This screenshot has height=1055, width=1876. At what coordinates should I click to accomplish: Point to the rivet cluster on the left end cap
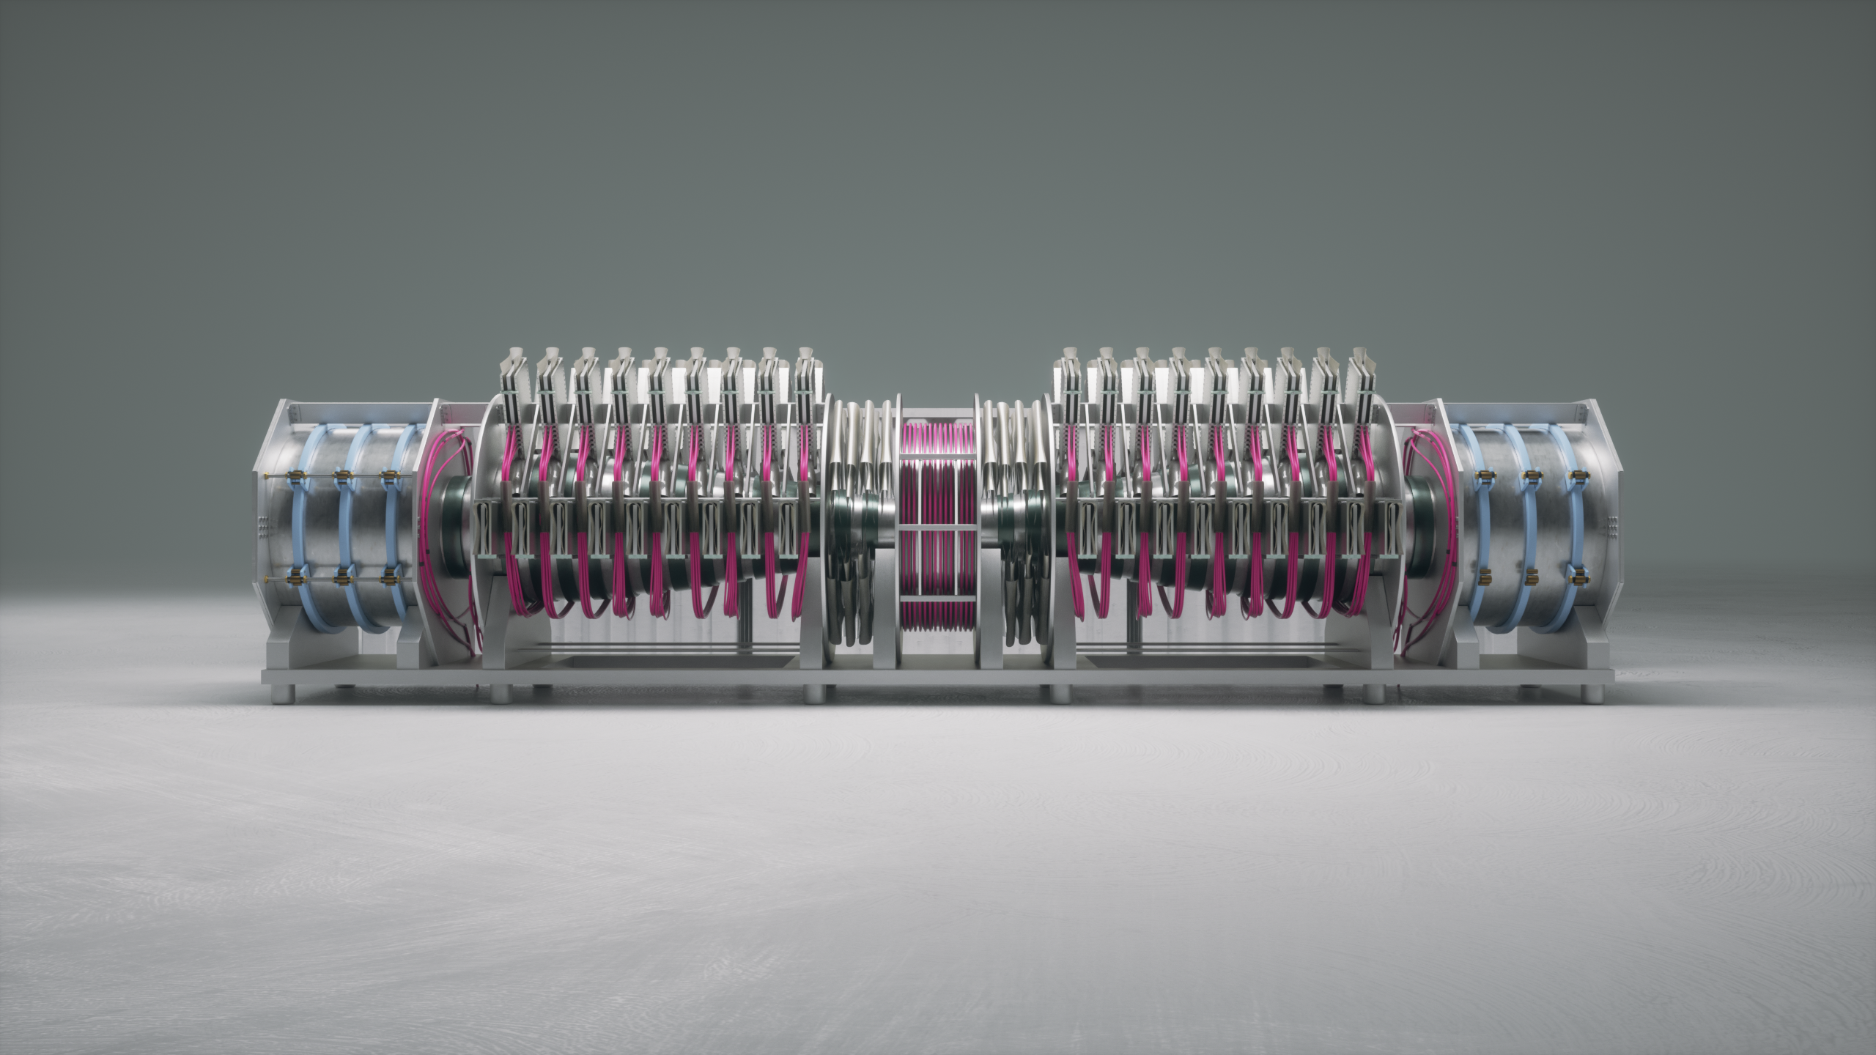pyautogui.click(x=262, y=525)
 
